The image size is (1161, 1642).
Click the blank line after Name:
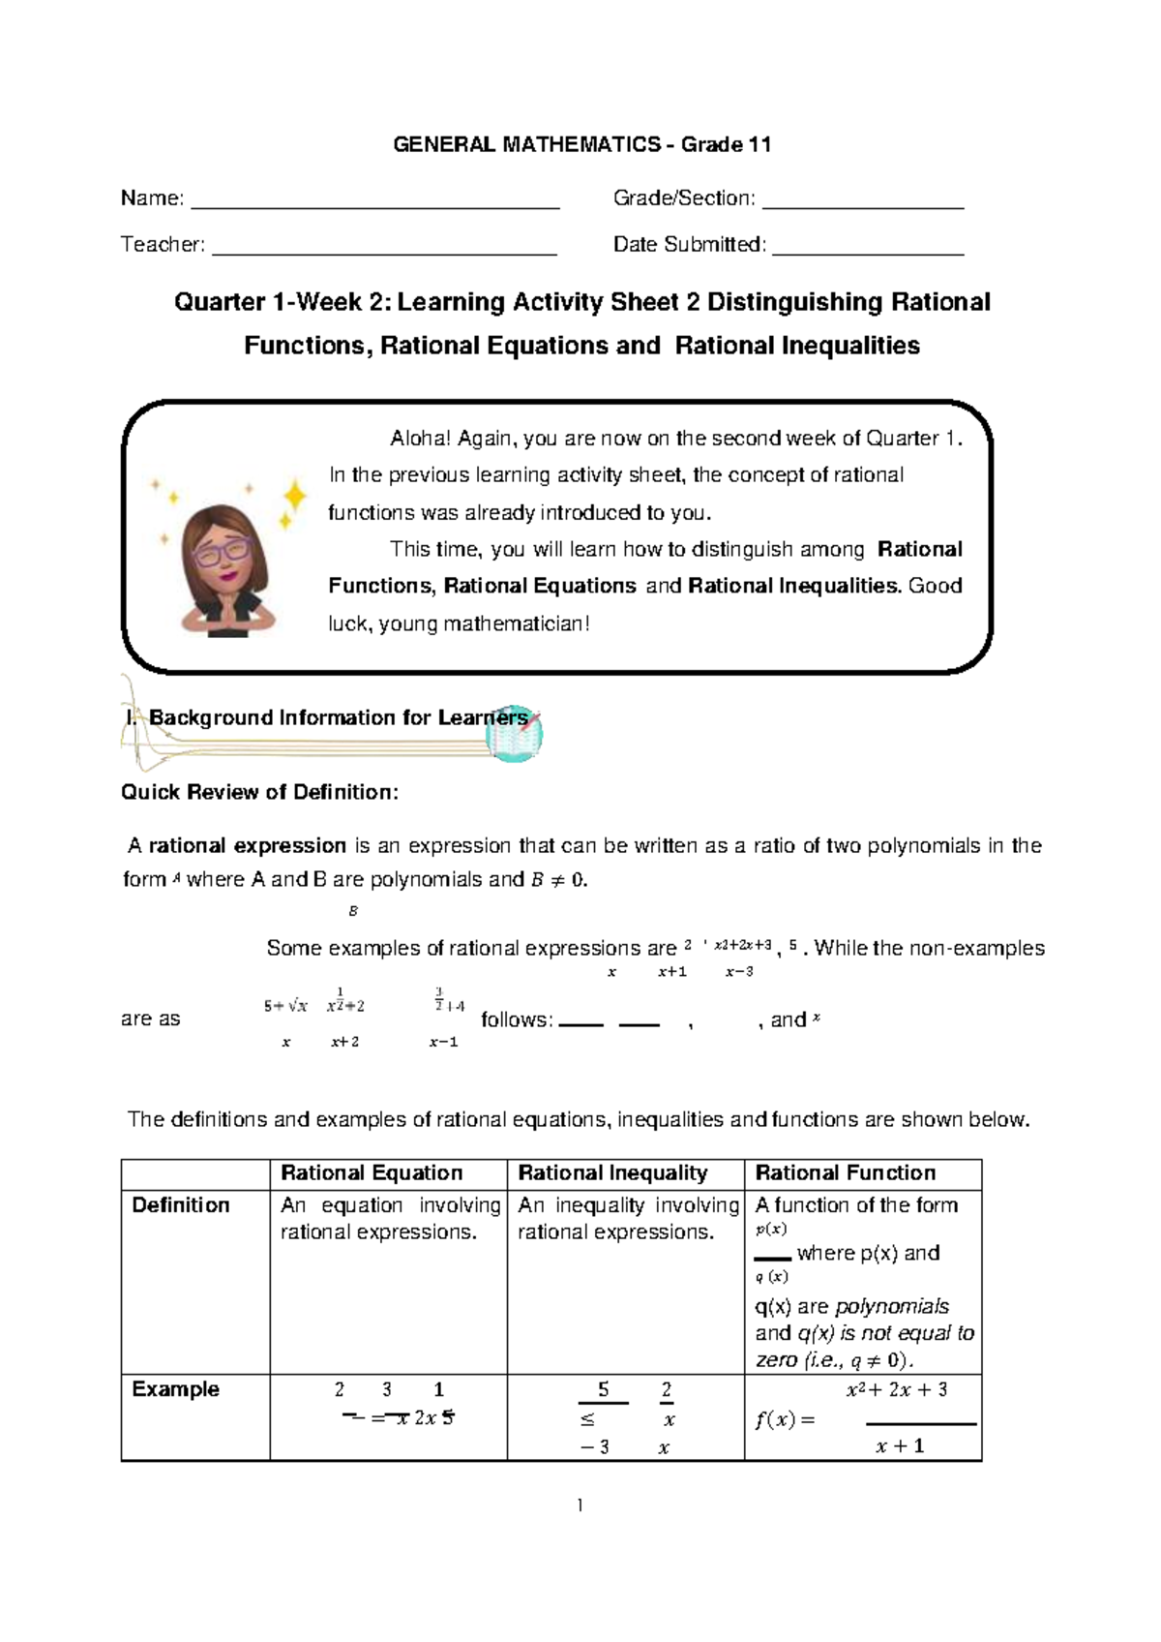click(x=375, y=205)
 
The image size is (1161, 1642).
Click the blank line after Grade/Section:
click(x=863, y=205)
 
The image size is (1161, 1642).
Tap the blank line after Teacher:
click(x=384, y=252)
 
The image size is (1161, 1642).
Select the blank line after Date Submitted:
click(x=868, y=252)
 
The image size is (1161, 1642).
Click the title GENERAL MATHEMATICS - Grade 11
click(x=581, y=145)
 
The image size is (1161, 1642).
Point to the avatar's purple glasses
click(x=221, y=553)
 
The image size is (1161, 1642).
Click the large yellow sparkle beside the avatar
click(x=292, y=497)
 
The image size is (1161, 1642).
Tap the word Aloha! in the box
click(x=420, y=439)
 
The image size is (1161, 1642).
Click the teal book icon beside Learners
click(x=513, y=734)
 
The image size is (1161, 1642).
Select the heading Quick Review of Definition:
click(x=259, y=792)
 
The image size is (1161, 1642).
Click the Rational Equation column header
click(x=372, y=1173)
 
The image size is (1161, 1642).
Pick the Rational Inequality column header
click(x=612, y=1173)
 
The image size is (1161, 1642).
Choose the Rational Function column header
click(x=845, y=1173)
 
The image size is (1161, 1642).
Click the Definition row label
click(x=181, y=1205)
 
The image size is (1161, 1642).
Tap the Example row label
click(x=175, y=1389)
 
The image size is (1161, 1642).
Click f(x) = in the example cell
click(x=785, y=1421)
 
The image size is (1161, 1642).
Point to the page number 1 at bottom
click(x=580, y=1505)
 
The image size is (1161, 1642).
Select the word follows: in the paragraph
click(x=517, y=1019)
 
